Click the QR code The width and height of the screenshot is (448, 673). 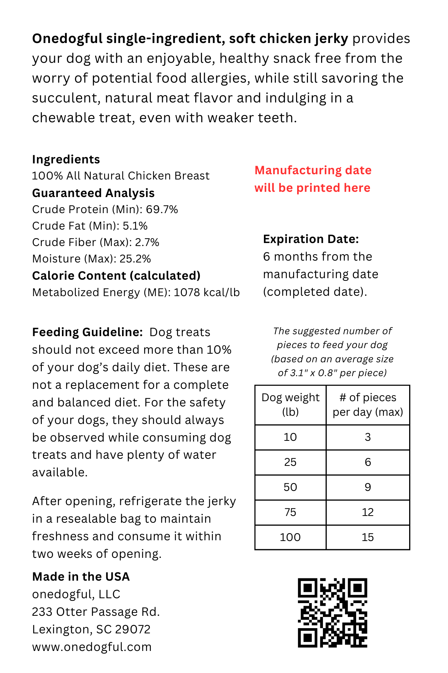click(x=332, y=612)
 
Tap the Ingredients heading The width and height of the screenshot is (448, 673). click(x=66, y=159)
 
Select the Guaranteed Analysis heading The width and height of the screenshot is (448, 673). click(x=93, y=193)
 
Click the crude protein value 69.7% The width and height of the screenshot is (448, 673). click(x=162, y=209)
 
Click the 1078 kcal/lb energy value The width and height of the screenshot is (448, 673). click(x=206, y=292)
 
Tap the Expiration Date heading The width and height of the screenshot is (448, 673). click(x=311, y=239)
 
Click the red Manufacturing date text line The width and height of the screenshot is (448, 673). click(x=313, y=170)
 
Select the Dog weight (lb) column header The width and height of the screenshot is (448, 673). click(x=290, y=405)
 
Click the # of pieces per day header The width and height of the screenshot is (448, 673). click(x=368, y=405)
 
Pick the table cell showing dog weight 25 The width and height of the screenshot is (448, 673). click(x=290, y=462)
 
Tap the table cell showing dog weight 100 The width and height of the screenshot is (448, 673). click(x=290, y=537)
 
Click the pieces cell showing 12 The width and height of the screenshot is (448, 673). click(x=368, y=512)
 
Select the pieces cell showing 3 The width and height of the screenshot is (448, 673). click(x=368, y=437)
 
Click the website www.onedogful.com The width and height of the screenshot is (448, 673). click(x=92, y=647)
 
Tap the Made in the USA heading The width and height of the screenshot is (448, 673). click(x=81, y=577)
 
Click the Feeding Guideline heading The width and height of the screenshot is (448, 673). click(x=87, y=332)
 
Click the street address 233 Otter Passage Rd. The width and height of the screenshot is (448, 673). click(x=96, y=612)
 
